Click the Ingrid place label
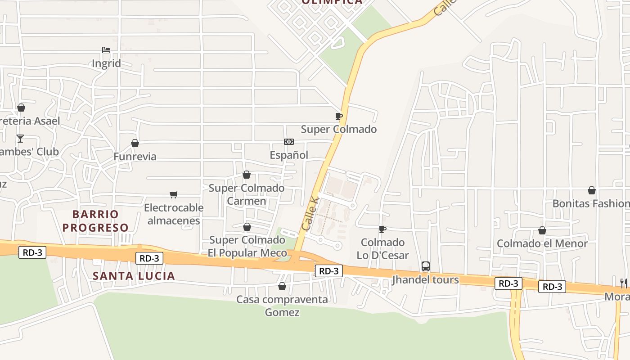106,63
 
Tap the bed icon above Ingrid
106,49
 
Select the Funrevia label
135,157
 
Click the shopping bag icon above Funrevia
135,143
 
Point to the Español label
289,155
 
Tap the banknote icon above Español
289,142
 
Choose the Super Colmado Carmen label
247,194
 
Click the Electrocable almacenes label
174,214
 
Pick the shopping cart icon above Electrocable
174,194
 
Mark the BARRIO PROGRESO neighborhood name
95,221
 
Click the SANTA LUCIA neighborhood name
134,276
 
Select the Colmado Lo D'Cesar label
382,249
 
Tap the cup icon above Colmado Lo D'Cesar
382,229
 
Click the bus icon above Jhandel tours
426,266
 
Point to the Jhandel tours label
426,280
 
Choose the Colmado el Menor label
542,243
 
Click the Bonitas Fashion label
591,203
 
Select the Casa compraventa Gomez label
282,306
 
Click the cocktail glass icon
20,138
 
